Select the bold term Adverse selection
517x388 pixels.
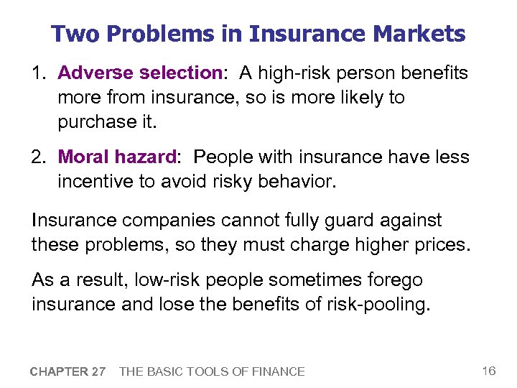coord(139,73)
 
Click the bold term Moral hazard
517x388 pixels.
coord(116,157)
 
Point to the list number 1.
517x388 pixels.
coord(38,73)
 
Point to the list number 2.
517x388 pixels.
coord(38,157)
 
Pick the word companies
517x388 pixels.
coord(181,221)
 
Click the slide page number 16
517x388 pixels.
coord(488,371)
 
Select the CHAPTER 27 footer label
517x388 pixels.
coord(68,371)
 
